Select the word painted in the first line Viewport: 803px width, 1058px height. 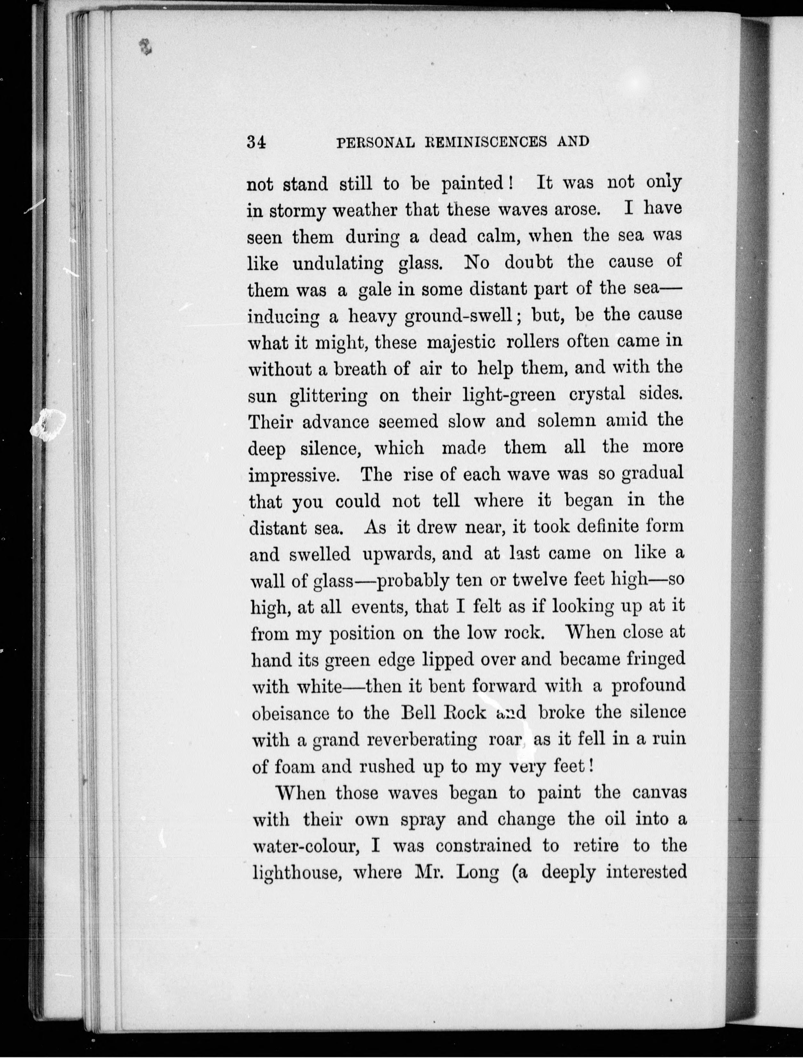(x=471, y=184)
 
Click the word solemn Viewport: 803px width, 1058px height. (x=567, y=421)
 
